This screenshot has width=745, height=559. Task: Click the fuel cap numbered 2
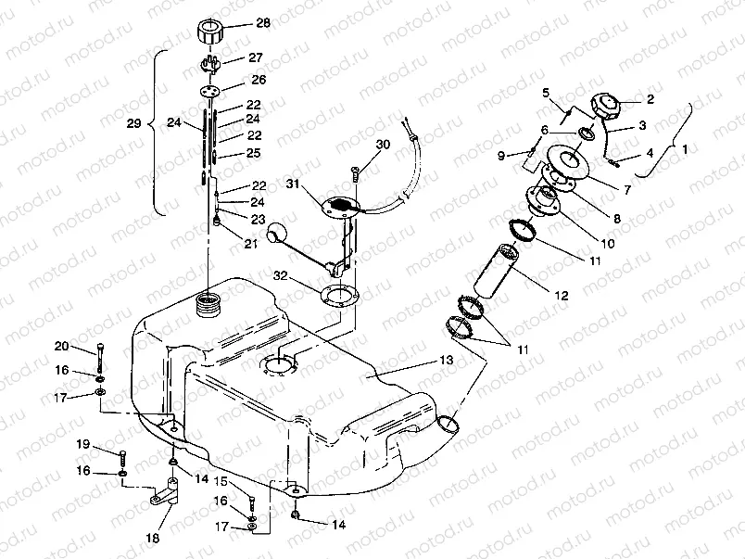click(x=605, y=108)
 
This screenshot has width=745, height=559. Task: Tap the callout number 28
click(x=263, y=22)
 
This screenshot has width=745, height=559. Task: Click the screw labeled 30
click(x=355, y=173)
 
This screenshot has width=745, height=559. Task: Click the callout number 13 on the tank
click(x=447, y=361)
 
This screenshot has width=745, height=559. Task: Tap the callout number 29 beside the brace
click(x=134, y=123)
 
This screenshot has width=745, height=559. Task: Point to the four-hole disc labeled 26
click(x=210, y=90)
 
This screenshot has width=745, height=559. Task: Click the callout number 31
click(x=293, y=183)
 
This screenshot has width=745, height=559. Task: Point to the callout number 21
click(x=250, y=244)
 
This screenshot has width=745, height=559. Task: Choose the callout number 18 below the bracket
click(x=153, y=538)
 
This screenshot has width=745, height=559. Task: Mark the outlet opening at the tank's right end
click(x=448, y=423)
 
